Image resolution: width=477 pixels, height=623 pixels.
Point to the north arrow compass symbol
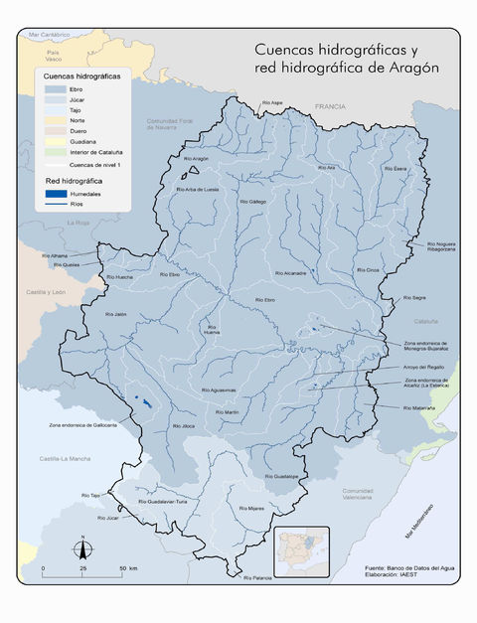click(82, 547)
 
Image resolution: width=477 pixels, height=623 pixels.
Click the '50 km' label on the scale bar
click(129, 568)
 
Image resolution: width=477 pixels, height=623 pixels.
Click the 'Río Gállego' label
click(252, 201)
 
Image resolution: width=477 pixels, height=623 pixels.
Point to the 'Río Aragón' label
click(197, 159)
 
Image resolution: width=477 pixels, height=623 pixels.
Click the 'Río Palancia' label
click(256, 577)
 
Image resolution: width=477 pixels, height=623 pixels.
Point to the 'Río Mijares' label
click(249, 508)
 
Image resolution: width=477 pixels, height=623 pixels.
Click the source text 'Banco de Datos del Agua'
click(413, 567)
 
